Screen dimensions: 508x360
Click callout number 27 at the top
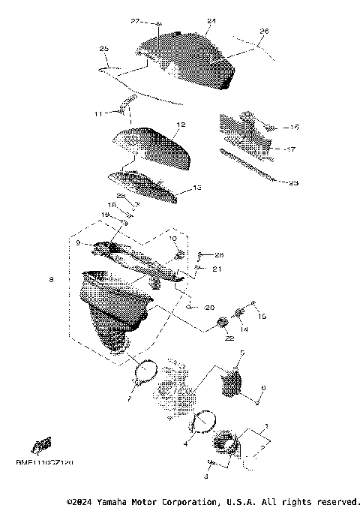coord(135,20)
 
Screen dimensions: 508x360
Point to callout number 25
coord(104,48)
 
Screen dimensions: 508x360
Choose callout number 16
coord(295,128)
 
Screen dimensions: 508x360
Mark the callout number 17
coord(292,149)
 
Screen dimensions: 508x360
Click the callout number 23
coord(293,182)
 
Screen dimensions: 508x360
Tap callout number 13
coord(197,188)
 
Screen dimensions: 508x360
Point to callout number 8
coord(51,280)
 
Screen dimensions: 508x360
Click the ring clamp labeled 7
coord(145,369)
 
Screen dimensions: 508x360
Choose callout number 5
coord(241,352)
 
